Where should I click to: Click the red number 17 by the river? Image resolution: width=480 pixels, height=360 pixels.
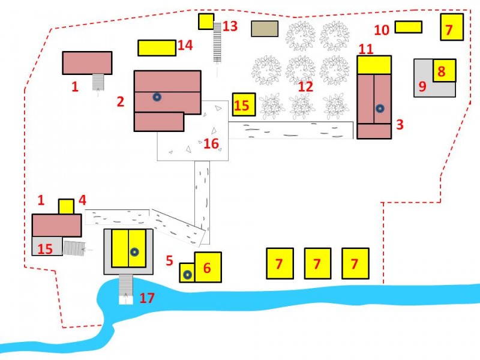click(x=147, y=297)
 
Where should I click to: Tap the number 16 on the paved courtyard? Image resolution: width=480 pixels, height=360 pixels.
click(x=211, y=143)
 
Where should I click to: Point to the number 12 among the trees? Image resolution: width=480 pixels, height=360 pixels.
click(x=305, y=86)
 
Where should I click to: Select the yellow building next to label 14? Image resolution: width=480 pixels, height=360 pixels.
click(x=157, y=48)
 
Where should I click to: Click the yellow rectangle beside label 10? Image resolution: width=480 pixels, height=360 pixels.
click(x=409, y=27)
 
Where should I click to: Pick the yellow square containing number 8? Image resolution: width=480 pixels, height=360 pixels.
click(x=444, y=71)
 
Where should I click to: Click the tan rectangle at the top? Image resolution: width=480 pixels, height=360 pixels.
click(x=265, y=28)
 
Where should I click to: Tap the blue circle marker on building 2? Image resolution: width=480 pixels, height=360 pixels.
click(x=157, y=97)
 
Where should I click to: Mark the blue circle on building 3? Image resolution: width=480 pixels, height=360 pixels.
click(x=379, y=109)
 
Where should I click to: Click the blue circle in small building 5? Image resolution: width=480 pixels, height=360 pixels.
click(x=188, y=275)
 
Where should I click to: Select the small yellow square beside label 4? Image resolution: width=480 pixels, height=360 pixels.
click(x=66, y=206)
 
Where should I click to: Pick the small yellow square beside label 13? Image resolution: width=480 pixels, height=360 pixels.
click(x=206, y=22)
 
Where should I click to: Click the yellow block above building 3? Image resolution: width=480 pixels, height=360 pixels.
click(x=374, y=65)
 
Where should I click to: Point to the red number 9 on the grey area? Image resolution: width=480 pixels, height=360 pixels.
click(x=422, y=86)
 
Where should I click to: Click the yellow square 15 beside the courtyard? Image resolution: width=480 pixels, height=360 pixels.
click(x=244, y=105)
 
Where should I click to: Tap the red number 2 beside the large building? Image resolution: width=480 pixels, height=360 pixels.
click(x=121, y=101)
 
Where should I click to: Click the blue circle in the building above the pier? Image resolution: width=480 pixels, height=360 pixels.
click(x=135, y=253)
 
